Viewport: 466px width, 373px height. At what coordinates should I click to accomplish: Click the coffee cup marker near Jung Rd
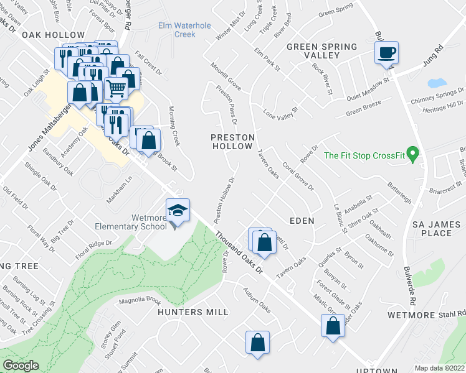pos(387,52)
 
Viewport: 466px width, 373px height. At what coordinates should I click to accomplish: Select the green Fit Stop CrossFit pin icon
pos(411,152)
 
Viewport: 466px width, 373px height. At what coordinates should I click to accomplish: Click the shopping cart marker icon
pos(116,89)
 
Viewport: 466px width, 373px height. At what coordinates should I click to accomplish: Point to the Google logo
pos(21,366)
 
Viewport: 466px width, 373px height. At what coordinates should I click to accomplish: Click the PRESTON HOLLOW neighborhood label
pos(232,141)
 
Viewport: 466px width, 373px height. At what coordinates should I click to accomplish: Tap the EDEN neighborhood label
pos(301,221)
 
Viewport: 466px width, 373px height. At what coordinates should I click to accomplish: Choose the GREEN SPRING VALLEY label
pos(321,51)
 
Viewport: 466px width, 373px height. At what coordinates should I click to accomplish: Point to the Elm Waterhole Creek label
pos(177,30)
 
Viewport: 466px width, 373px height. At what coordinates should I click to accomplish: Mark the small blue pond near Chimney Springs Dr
pos(437,83)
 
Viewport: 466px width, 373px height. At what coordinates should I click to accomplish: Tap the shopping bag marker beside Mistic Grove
pos(333,325)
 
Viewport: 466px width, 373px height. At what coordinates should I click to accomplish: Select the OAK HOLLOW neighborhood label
pos(53,35)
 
